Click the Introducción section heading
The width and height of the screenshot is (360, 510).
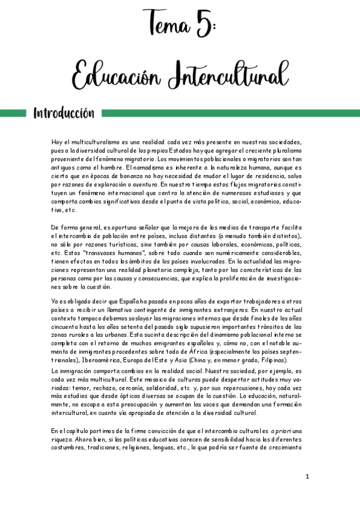tap(64, 113)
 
